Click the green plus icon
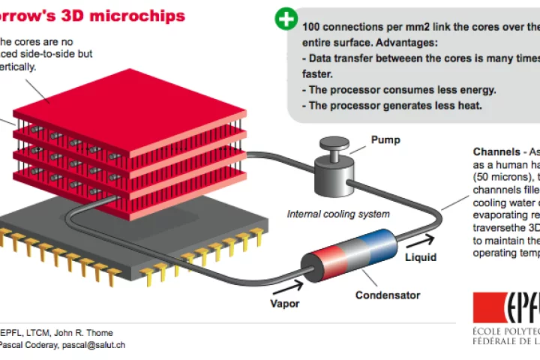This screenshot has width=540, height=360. coord(286,19)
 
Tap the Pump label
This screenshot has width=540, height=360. coord(385,139)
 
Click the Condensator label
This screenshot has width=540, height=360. coord(388,295)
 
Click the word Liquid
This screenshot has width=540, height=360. coord(421,257)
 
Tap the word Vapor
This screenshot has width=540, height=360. coord(285,304)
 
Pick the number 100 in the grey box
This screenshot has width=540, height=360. coord(312,26)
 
